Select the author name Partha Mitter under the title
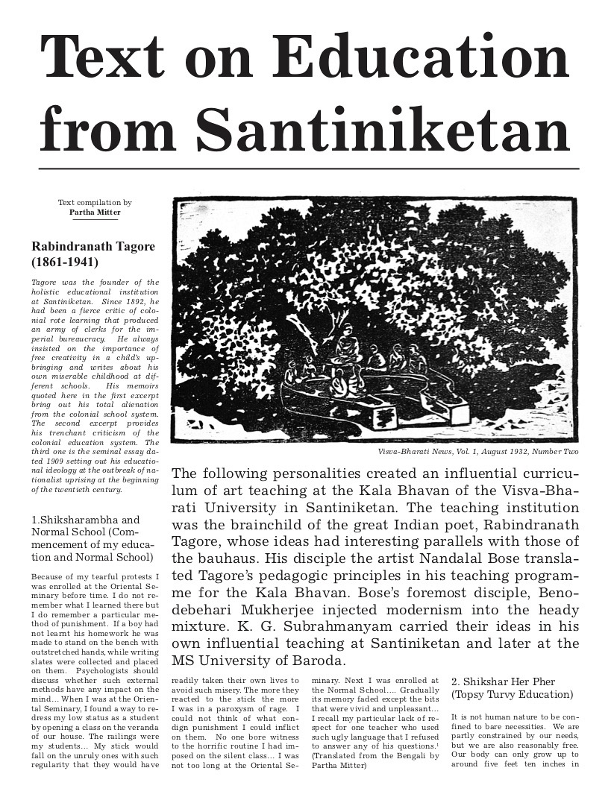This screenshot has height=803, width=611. [x=95, y=212]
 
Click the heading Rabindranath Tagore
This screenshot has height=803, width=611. [x=93, y=247]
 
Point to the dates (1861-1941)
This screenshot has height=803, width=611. [x=64, y=262]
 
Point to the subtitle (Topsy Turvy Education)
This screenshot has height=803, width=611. [x=512, y=695]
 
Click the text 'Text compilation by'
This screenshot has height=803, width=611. [x=95, y=202]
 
